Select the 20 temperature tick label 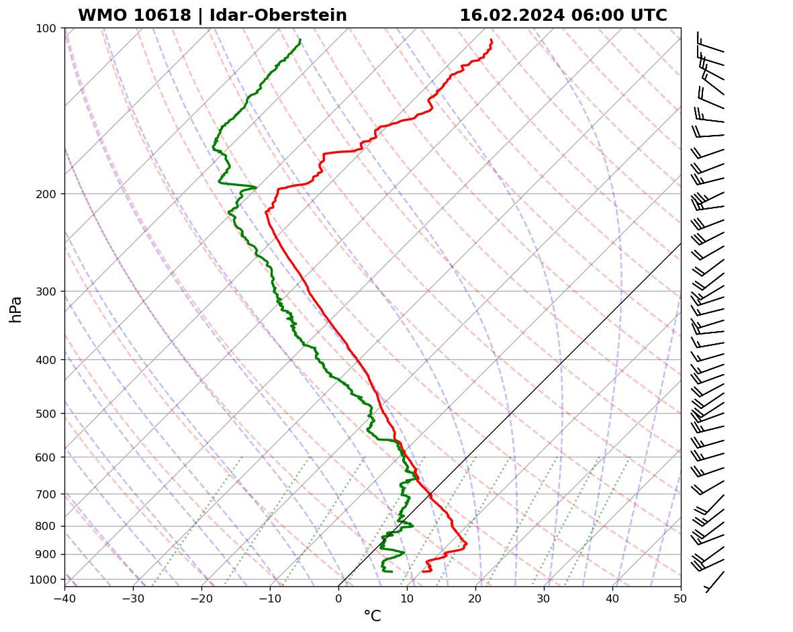475,597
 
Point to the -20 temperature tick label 201,597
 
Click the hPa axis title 16,309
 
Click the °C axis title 372,616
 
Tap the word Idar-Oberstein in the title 278,15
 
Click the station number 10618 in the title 165,15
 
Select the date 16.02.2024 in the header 511,15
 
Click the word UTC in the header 649,15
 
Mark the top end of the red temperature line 491,40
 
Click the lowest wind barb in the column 714,581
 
